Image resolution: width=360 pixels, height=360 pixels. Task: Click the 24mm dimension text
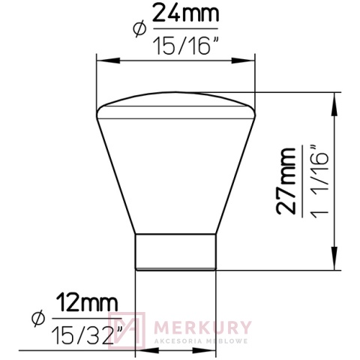pos(183,13)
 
